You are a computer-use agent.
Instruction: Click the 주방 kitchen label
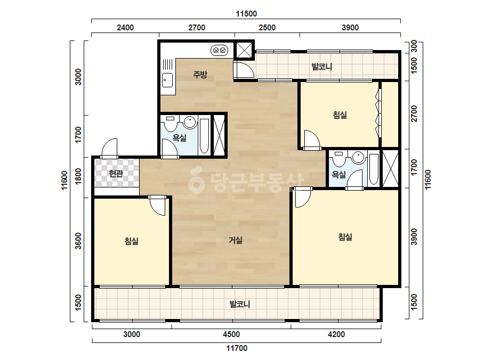click(200, 75)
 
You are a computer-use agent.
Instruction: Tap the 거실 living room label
click(235, 240)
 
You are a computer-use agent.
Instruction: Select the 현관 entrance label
click(116, 173)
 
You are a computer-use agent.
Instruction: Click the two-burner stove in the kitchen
click(219, 50)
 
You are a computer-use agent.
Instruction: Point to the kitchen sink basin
click(167, 80)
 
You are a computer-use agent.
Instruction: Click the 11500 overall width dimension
click(246, 14)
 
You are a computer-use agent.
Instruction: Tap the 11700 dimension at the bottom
click(237, 348)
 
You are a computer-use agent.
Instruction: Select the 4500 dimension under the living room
click(231, 334)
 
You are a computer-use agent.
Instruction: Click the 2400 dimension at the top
click(125, 28)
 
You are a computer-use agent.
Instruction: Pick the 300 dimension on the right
click(414, 46)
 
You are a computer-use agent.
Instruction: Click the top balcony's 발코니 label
click(322, 67)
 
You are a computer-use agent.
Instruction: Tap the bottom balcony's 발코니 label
click(240, 304)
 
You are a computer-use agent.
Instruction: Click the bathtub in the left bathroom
click(204, 136)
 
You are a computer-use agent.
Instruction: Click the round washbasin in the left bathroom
click(190, 122)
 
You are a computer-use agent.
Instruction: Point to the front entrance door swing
click(109, 148)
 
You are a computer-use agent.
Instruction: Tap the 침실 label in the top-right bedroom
click(340, 115)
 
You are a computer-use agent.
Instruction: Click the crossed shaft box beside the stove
click(244, 50)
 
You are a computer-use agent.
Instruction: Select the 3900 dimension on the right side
click(414, 237)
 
